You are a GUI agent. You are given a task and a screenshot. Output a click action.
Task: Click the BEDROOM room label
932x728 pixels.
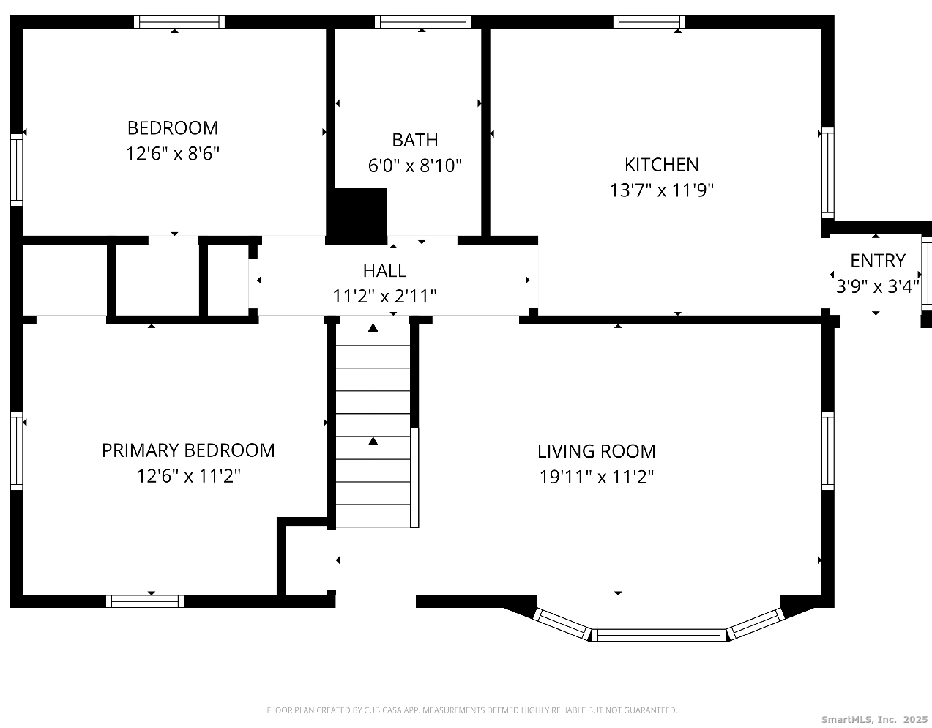[x=173, y=128]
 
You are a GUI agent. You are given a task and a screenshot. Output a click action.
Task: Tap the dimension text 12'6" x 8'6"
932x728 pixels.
[x=173, y=153]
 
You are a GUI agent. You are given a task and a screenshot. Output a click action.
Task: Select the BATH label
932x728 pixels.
[x=415, y=140]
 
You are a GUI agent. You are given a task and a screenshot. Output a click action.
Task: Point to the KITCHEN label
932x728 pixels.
[x=661, y=165]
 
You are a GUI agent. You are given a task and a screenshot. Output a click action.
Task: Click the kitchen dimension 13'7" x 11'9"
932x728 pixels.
[x=661, y=190]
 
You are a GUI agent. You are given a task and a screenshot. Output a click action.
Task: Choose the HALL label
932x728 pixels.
[x=384, y=271]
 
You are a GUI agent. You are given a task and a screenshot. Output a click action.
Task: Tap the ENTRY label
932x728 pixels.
[x=878, y=261]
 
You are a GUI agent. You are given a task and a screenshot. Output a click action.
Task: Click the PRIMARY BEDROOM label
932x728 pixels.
[x=188, y=450]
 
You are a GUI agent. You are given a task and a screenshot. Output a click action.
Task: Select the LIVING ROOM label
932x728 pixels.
[x=597, y=451]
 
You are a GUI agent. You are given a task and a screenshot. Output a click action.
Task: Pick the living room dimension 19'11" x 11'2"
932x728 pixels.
[x=597, y=477]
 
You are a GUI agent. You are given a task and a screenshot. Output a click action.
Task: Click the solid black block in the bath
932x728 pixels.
[x=357, y=216]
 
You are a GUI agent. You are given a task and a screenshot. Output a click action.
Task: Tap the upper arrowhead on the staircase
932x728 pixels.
[x=373, y=328]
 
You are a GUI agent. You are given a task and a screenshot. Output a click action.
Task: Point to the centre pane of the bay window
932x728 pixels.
[x=658, y=635]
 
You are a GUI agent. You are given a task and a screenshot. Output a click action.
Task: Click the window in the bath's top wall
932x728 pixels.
[x=423, y=22]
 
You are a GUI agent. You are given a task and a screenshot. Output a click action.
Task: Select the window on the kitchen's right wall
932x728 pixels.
[x=828, y=174]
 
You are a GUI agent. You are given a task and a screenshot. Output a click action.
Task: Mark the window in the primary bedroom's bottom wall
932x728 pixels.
[x=145, y=601]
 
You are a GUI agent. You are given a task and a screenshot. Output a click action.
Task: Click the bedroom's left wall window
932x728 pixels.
[x=17, y=169]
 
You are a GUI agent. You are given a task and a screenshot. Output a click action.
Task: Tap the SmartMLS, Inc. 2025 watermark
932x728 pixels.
[x=874, y=719]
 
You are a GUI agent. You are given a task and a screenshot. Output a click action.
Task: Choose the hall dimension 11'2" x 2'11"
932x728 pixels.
[x=384, y=297]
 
